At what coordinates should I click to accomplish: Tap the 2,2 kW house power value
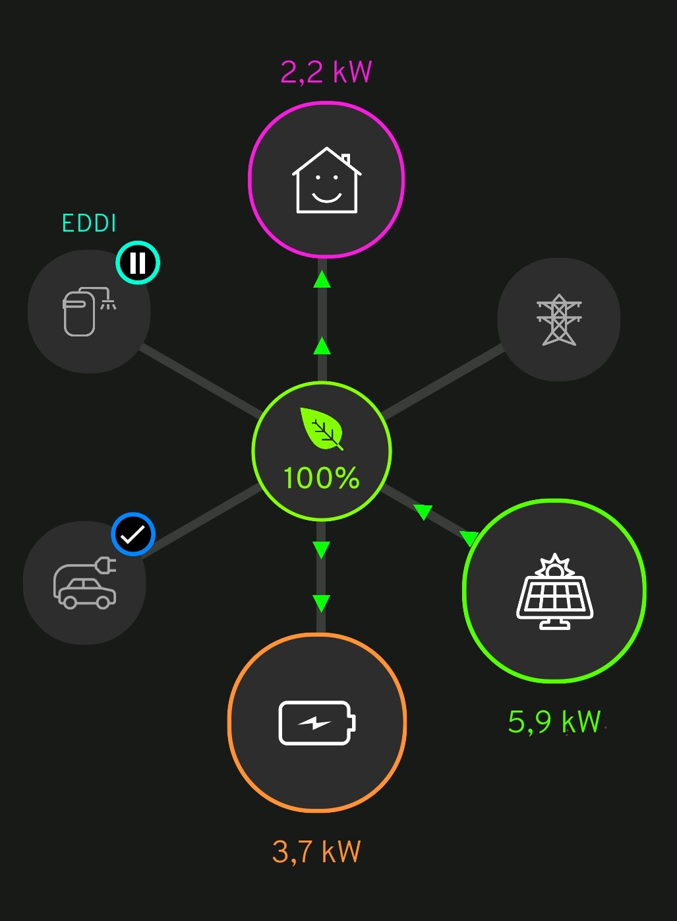[326, 72]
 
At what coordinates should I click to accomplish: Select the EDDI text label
[89, 223]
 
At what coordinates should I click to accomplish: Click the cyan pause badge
[138, 263]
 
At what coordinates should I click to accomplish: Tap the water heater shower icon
[89, 311]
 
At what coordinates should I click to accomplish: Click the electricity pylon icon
[559, 319]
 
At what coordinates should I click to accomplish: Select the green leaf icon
[322, 429]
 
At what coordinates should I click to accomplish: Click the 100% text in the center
[321, 478]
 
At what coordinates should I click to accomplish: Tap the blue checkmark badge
[133, 534]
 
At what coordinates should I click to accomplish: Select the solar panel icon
[554, 591]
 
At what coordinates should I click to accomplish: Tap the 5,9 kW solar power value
[554, 722]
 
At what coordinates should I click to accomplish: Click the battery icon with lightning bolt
[316, 723]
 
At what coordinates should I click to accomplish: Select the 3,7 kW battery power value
[316, 852]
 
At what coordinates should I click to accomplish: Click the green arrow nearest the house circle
[322, 279]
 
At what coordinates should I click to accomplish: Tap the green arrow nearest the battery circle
[321, 604]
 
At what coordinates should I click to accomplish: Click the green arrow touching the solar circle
[469, 538]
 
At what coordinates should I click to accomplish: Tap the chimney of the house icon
[346, 159]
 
